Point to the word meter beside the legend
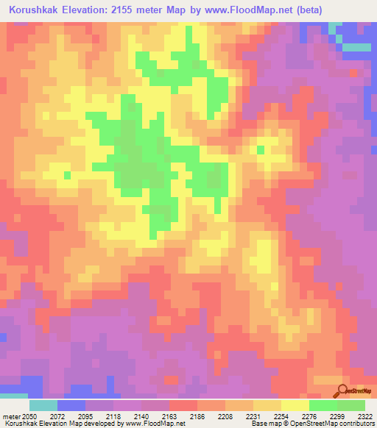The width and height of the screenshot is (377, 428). pyautogui.click(x=10, y=416)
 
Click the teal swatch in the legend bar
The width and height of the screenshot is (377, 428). pyautogui.click(x=43, y=405)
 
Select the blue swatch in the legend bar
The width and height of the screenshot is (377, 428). pyautogui.click(x=71, y=405)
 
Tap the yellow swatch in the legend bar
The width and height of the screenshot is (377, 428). pyautogui.click(x=295, y=405)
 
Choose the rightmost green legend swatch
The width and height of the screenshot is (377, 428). pyautogui.click(x=351, y=405)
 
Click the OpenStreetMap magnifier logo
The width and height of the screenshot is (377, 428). pyautogui.click(x=343, y=390)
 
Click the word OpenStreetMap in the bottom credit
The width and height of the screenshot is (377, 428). pyautogui.click(x=342, y=423)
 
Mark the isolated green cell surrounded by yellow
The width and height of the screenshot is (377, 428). pyautogui.click(x=260, y=150)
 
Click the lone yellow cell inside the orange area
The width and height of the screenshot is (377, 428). pyautogui.click(x=67, y=175)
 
